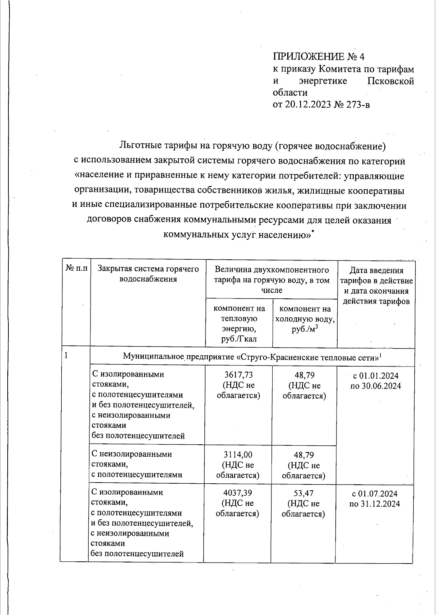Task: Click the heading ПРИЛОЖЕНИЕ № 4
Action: tap(319, 57)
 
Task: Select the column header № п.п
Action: tap(76, 269)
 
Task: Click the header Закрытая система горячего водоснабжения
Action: tap(148, 274)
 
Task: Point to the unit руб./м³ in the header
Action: tap(305, 329)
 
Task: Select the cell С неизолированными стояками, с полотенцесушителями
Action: tap(137, 464)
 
